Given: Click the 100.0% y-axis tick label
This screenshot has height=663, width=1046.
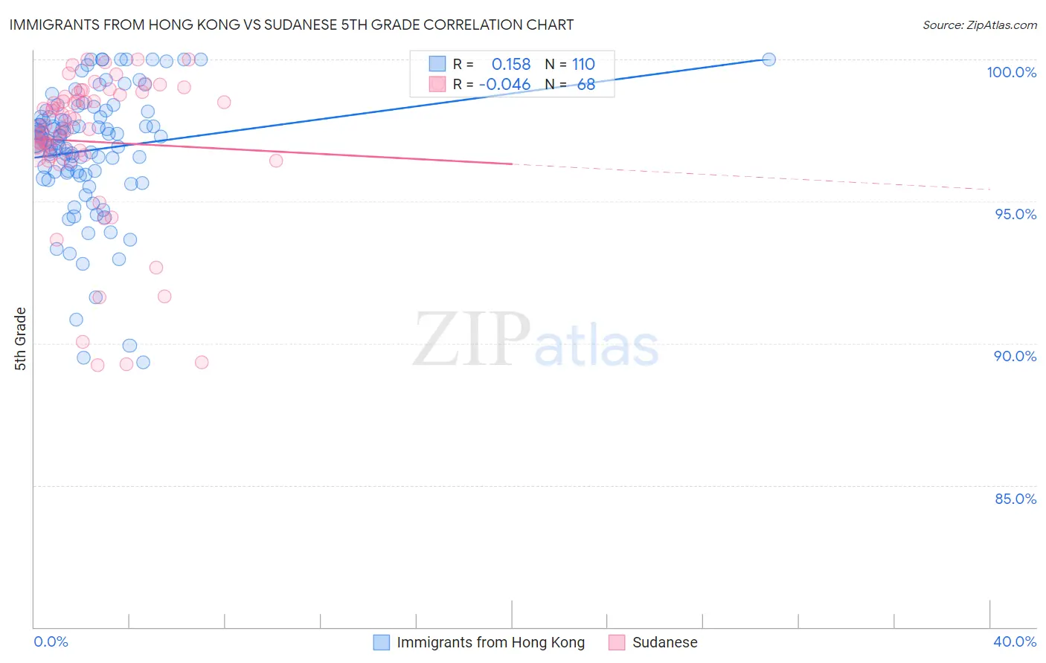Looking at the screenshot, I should click(1011, 72).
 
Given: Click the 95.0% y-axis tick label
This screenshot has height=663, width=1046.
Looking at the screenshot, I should click(1015, 214).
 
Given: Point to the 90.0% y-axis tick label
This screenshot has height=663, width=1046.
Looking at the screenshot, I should click(1015, 356).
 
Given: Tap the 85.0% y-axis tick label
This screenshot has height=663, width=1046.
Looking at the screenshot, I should click(1015, 499).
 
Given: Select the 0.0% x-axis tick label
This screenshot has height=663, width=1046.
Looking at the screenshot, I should click(51, 641).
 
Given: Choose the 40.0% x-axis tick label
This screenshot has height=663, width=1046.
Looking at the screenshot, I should click(1015, 641).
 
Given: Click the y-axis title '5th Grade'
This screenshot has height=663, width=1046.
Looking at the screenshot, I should click(20, 339).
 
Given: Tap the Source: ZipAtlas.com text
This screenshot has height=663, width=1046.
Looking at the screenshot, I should click(979, 25).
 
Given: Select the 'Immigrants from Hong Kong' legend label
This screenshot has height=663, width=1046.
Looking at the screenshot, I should click(490, 642).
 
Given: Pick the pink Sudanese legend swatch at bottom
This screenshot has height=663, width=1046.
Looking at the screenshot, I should click(617, 642).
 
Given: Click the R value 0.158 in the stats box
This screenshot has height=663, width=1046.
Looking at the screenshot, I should click(511, 64).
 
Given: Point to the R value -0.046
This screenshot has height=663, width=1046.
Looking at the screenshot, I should click(504, 84).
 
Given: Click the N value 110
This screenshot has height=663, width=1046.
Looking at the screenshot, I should click(583, 64).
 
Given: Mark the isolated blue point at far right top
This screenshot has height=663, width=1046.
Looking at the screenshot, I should click(769, 59).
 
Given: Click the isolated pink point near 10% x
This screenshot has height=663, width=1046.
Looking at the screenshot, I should click(276, 161).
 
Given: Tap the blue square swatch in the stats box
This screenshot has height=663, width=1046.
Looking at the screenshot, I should click(437, 64).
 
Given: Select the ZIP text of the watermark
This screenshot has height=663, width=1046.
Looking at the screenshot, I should click(472, 340).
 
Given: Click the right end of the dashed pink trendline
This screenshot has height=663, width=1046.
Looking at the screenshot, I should click(991, 190).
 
